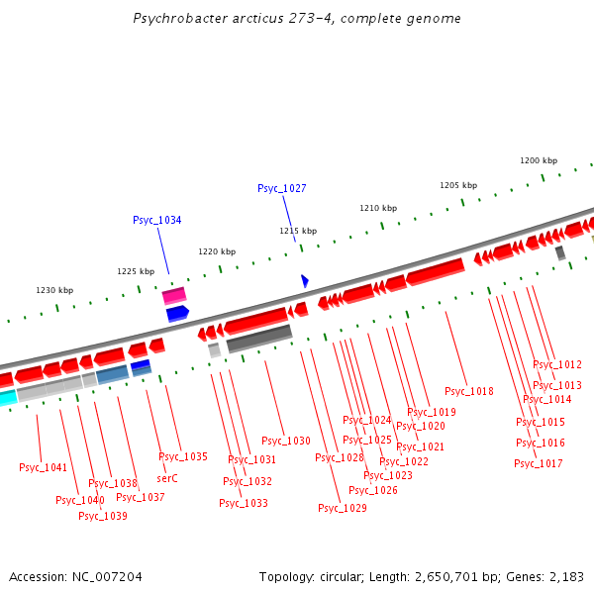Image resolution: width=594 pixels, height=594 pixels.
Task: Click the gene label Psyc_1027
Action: coord(281,188)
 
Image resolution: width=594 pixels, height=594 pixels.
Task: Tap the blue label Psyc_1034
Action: coord(156,220)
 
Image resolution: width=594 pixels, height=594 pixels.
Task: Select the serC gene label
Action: coord(167,478)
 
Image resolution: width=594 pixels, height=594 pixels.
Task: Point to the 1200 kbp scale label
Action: coord(539,160)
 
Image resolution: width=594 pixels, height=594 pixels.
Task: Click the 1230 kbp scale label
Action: coord(54,290)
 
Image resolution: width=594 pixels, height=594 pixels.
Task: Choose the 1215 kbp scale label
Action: coord(297,231)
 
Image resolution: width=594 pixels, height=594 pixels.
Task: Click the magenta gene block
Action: coord(174,295)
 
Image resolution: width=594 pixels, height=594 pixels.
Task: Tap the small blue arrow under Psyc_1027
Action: coord(305,281)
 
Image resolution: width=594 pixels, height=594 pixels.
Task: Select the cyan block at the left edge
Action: coord(7,398)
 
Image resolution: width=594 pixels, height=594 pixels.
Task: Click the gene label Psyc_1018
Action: coord(468,391)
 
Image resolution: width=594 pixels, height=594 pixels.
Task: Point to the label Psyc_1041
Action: coord(43,467)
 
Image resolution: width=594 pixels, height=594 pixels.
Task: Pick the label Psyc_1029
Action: coord(342,508)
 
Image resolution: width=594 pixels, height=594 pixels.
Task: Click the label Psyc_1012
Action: coord(557,364)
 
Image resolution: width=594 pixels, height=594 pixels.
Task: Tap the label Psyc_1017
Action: coord(538,463)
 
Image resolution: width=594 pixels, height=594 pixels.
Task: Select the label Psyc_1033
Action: coord(243,503)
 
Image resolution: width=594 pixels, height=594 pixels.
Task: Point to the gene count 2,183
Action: coord(567,576)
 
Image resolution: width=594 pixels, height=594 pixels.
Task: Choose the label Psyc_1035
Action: coord(183,456)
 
